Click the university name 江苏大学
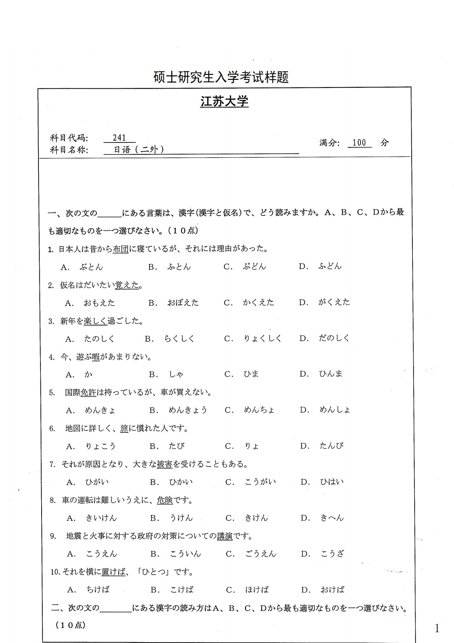pos(224,101)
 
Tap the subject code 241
pos(119,138)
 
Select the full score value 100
pos(359,143)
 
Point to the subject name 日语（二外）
pos(139,150)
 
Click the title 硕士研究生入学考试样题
pos(221,77)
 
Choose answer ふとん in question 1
pos(179,267)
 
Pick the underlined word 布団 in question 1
pos(120,249)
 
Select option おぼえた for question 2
pos(183,303)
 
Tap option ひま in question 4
pos(251,374)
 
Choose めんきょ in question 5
pos(100,410)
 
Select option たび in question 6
pos(177,446)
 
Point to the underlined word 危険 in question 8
pos(165,500)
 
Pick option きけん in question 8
pos(256,518)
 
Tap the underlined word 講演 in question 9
pos(225,536)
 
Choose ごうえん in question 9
pos(261,554)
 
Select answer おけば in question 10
pos(332,590)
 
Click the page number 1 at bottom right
pos(437,628)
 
